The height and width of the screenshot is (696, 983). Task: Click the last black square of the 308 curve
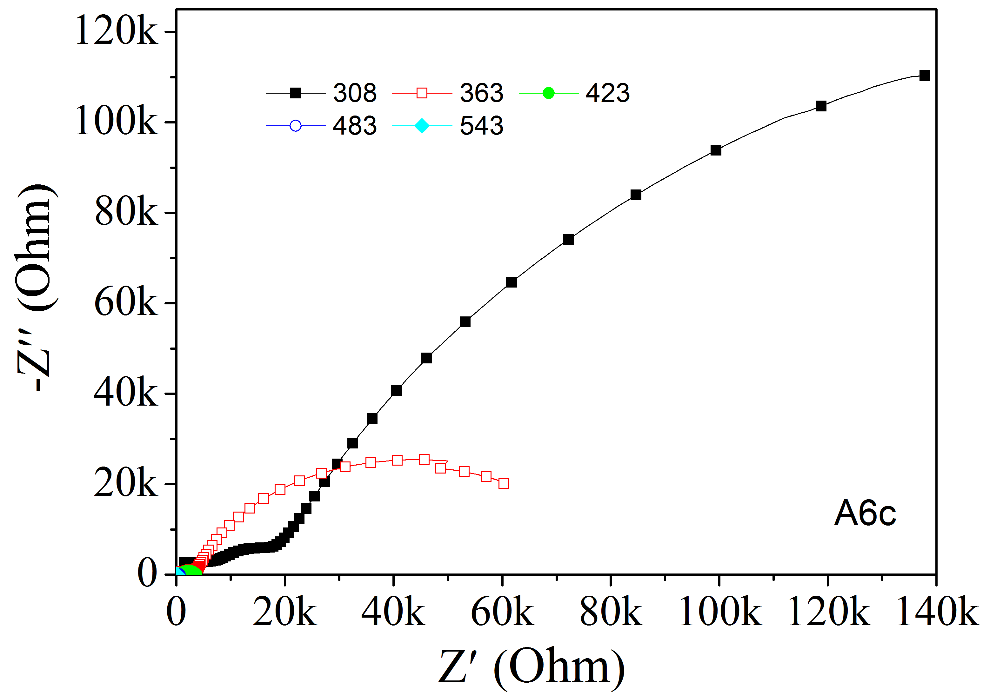tap(925, 76)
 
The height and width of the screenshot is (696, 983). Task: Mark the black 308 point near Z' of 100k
tap(715, 150)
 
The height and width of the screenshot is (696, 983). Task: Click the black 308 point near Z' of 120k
tap(820, 106)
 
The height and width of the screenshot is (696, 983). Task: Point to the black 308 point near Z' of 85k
tap(636, 195)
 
